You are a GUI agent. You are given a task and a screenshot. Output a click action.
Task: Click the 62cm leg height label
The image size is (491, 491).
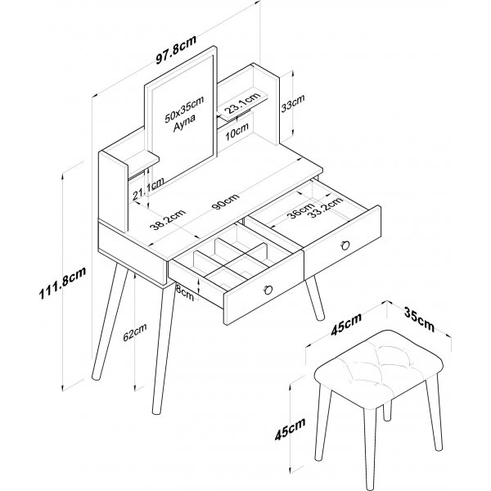(137, 334)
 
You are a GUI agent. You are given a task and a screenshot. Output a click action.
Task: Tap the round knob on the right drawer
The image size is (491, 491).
(345, 243)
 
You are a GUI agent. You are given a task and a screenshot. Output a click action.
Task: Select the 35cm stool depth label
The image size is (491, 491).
(421, 319)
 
